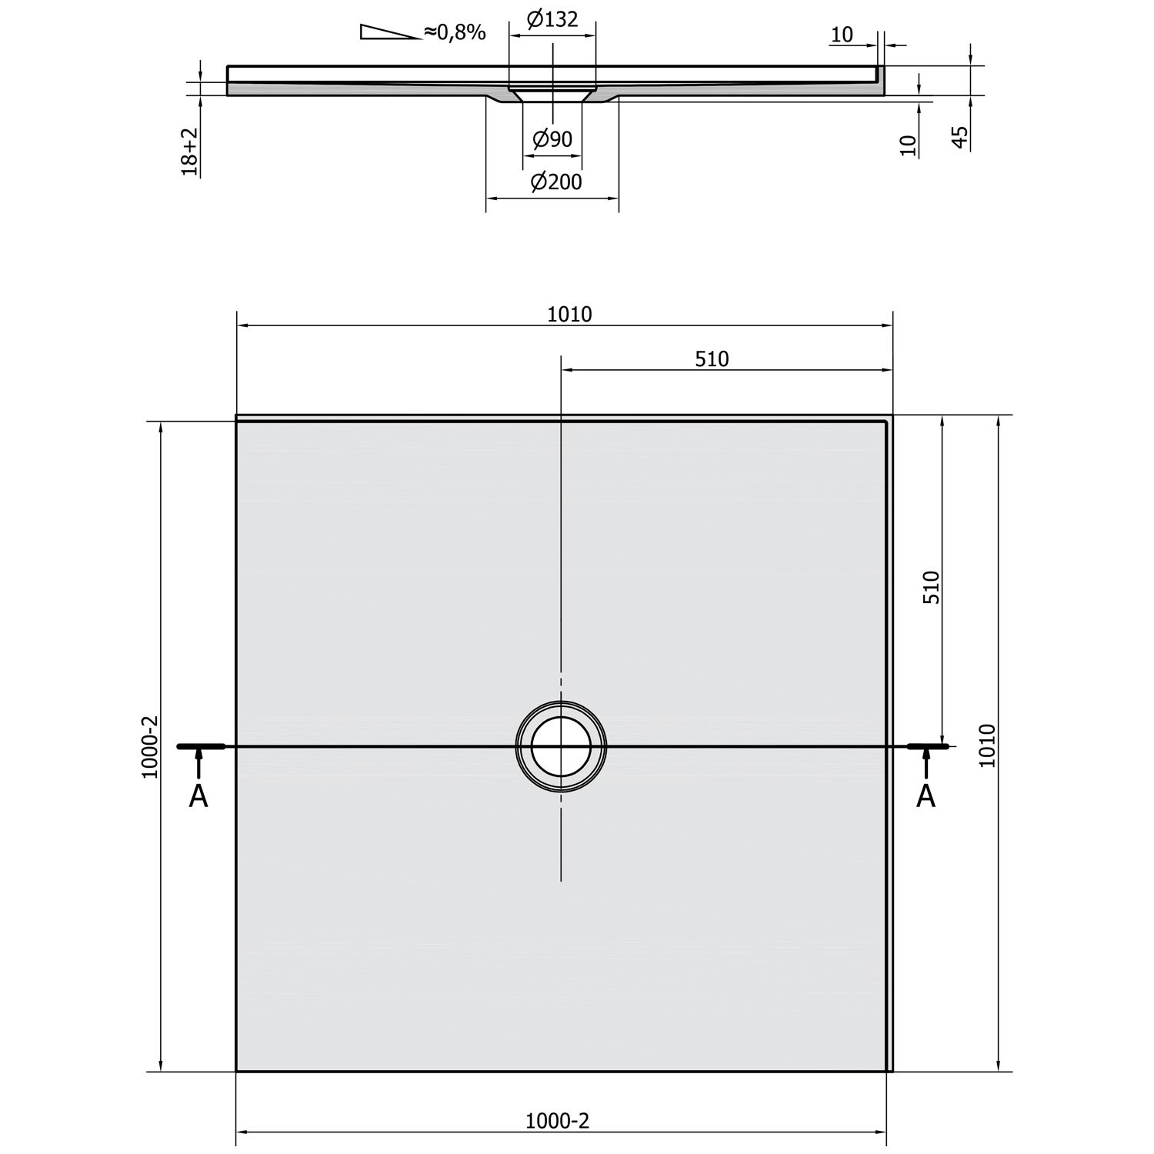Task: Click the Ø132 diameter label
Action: point(552,18)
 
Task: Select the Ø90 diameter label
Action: point(552,139)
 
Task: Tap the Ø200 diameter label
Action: point(556,182)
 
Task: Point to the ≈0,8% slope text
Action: point(454,32)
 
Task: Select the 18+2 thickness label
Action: point(190,151)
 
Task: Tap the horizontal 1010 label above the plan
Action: point(570,314)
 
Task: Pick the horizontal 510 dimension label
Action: point(712,359)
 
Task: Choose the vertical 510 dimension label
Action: point(932,587)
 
